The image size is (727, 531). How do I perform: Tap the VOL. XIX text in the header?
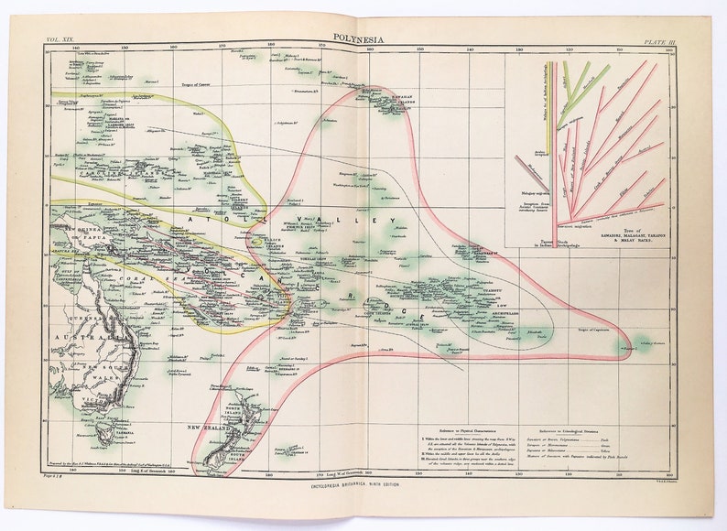61,41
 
